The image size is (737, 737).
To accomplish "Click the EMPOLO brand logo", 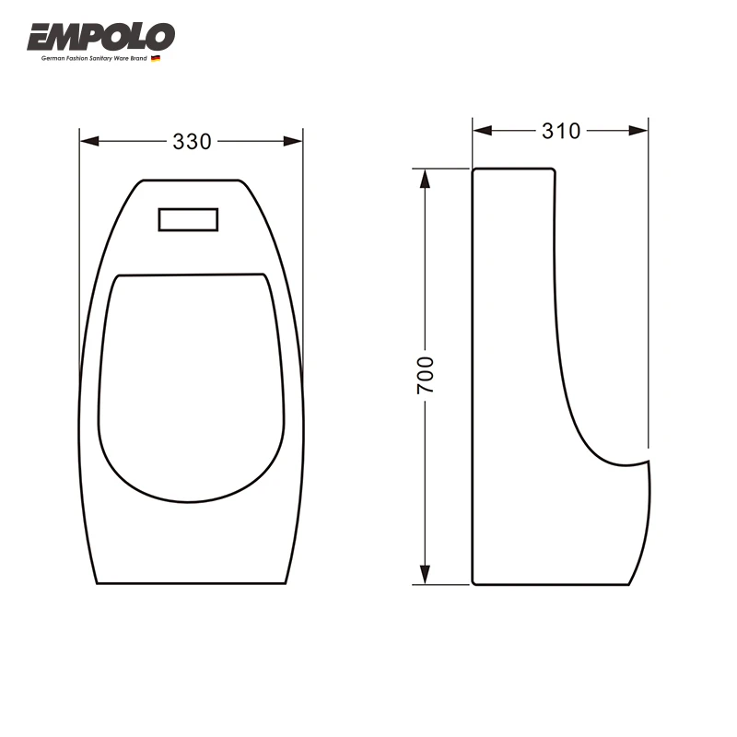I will pos(100,37).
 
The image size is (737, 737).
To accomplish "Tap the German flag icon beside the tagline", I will pos(156,59).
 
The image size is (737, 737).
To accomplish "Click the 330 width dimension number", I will pos(192,142).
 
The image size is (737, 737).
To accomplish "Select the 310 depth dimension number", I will pos(560,131).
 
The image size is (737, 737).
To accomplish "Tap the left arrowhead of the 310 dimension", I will pos(482,131).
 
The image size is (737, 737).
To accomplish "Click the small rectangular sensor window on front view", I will pos(189,219).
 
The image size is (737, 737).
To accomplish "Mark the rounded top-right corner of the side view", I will pos(553,170).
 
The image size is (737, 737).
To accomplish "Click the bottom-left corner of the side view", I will pos(474,582).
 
